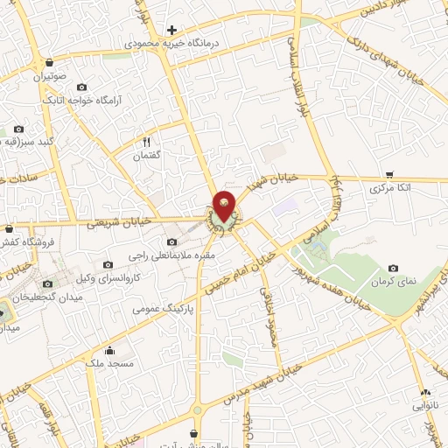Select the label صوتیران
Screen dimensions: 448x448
pyautogui.click(x=51, y=77)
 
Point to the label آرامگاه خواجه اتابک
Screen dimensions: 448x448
pyautogui.click(x=81, y=101)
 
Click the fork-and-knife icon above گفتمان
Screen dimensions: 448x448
pyautogui.click(x=147, y=142)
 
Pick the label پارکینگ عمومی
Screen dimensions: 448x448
pyautogui.click(x=162, y=309)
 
